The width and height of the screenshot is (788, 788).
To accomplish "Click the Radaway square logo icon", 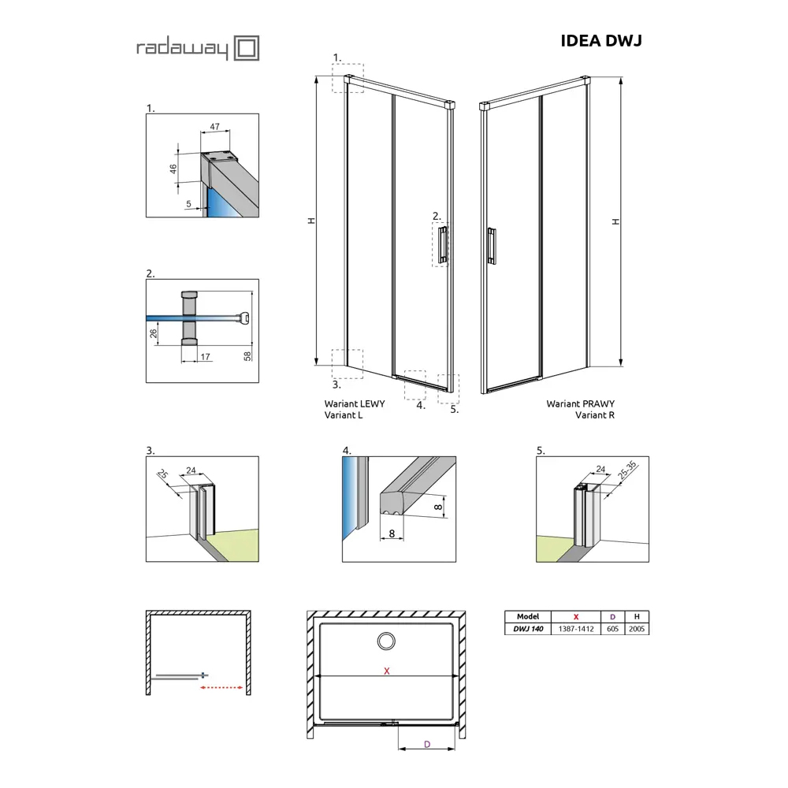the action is pos(247,48).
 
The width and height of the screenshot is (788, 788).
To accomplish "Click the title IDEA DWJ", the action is pos(601,41).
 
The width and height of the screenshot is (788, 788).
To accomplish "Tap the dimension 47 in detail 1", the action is pos(214,127).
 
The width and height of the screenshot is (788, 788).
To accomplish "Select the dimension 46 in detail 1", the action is pos(173,169).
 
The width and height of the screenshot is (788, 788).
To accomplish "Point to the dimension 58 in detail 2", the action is pos(247,356).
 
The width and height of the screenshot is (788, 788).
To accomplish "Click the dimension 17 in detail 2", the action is pos(205,357).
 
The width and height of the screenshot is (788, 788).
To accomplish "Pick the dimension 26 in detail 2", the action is pos(154,333).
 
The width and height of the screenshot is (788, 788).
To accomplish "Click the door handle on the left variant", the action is pos(442,245).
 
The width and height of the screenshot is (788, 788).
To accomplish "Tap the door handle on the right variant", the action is pos(492,245).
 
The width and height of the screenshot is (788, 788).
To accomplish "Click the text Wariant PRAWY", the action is pos(581,403).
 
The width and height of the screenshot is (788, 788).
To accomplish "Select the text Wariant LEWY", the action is pos(355,403).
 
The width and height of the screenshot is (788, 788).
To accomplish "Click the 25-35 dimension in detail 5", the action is pos(627,470).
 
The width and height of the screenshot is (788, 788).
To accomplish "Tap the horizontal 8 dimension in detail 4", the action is pos(392,533).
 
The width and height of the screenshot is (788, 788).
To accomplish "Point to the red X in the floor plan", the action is pos(386,671).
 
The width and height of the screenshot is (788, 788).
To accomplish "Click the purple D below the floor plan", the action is pos(427,745).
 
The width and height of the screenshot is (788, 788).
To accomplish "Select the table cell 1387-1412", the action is pos(576,629).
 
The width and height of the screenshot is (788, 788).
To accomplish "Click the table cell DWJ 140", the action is pos(528,629).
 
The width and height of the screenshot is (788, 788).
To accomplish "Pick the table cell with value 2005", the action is pos(637,629).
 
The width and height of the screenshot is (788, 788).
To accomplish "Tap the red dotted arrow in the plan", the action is pos(221,687).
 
